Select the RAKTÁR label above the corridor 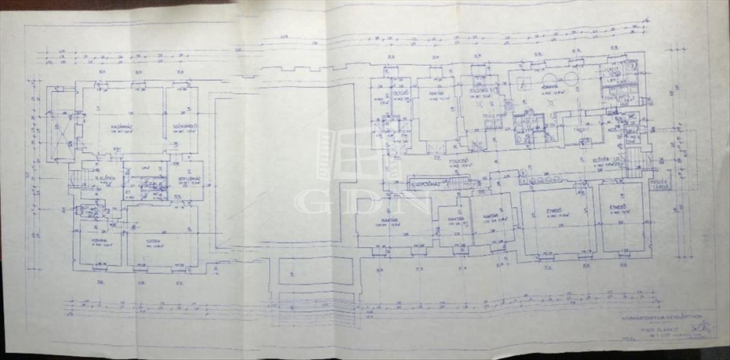tap(434, 94)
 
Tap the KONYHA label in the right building tap(551, 87)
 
